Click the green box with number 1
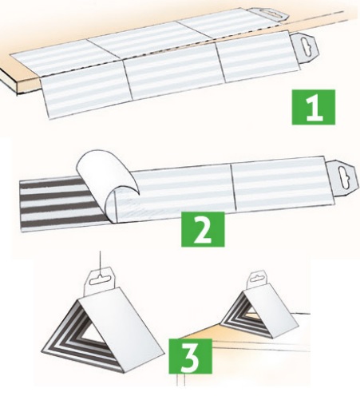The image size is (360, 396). tap(314, 107)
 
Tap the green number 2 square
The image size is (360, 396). tap(203, 229)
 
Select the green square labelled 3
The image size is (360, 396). tap(191, 356)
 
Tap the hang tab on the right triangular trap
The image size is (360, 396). tap(259, 280)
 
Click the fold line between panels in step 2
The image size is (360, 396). tap(233, 186)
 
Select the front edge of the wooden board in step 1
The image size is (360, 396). tap(22, 81)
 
